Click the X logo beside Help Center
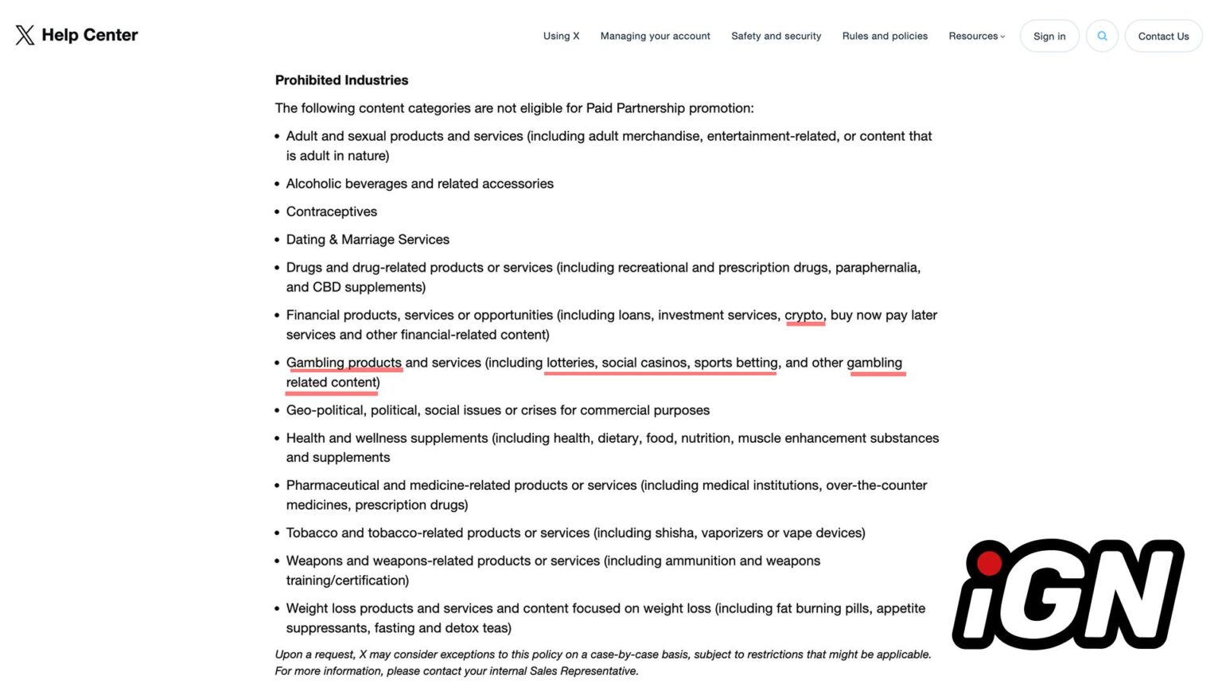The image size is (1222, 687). (x=25, y=35)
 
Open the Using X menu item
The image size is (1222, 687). (x=561, y=36)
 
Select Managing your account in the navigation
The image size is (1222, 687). (x=655, y=36)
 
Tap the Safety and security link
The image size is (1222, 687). (x=776, y=36)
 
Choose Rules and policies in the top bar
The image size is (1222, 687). (x=885, y=36)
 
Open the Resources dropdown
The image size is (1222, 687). (x=976, y=36)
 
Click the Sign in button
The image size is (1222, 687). (x=1049, y=36)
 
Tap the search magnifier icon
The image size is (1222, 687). (x=1102, y=36)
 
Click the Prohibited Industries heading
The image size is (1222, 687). (x=341, y=80)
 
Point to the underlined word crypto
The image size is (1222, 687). (x=804, y=315)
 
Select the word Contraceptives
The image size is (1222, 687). (x=331, y=212)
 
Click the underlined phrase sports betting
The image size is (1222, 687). (x=735, y=363)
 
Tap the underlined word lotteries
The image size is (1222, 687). (x=570, y=363)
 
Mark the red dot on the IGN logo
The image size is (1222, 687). (x=989, y=563)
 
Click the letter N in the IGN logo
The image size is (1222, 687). (x=1131, y=592)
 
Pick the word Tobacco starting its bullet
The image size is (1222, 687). (x=312, y=533)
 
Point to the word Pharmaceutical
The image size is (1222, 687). (x=333, y=485)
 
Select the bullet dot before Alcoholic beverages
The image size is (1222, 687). (x=278, y=184)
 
